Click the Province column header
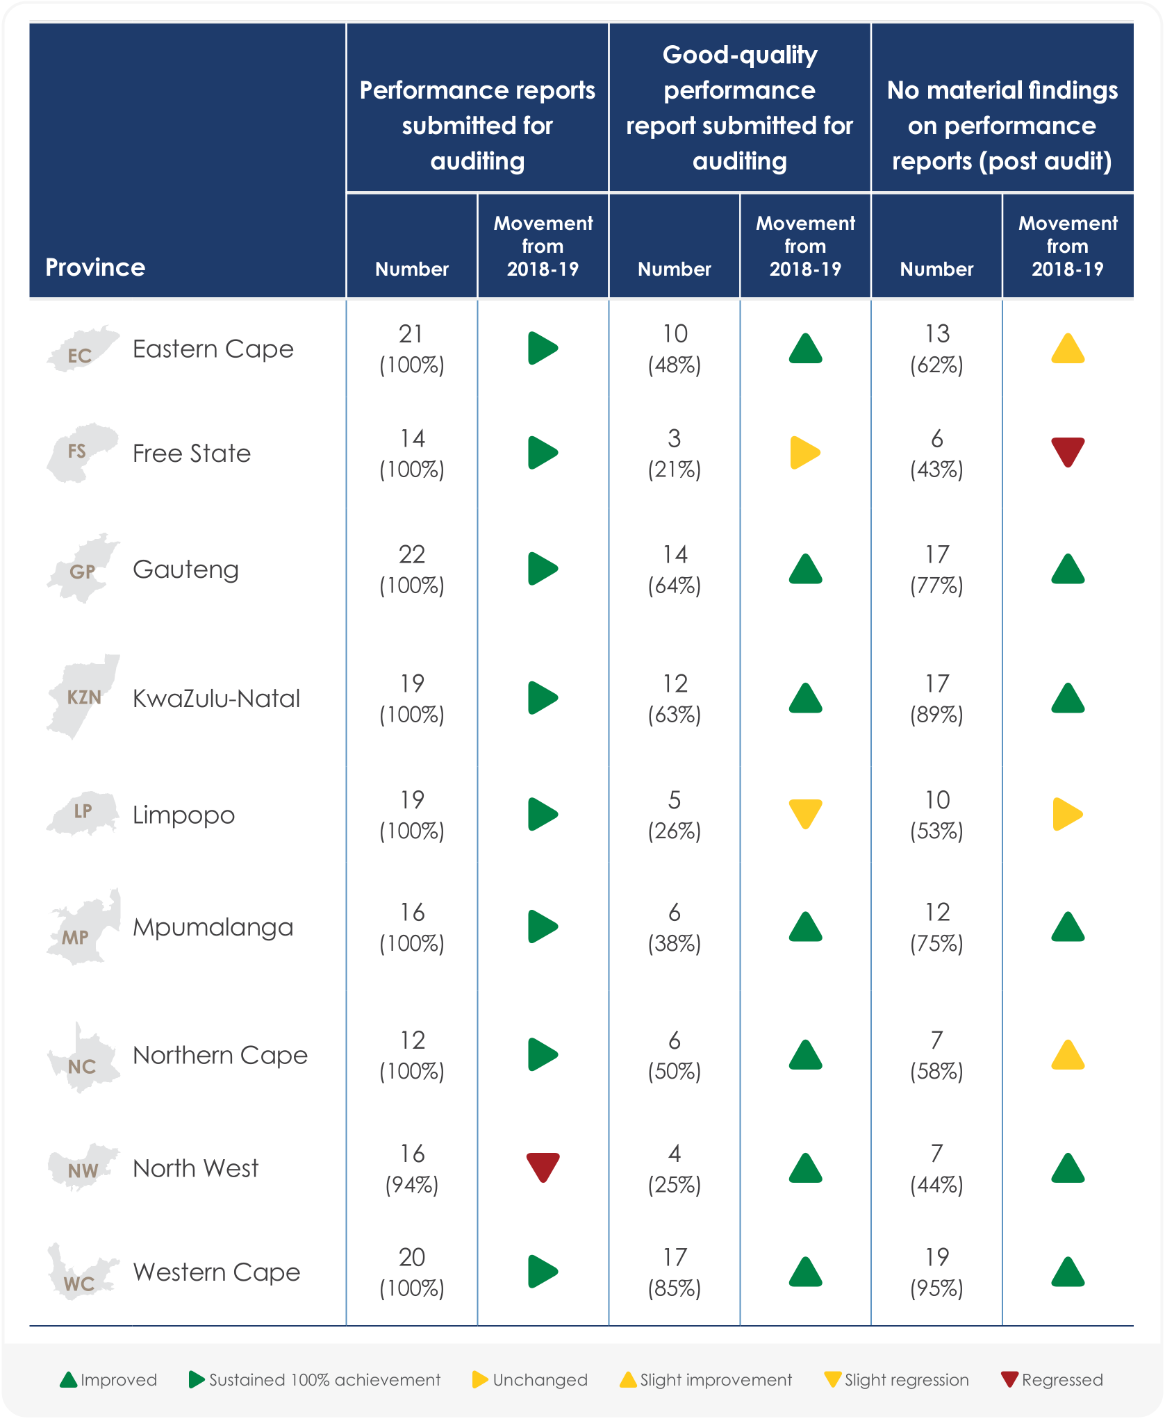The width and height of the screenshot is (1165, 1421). click(x=95, y=267)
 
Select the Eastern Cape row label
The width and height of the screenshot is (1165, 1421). click(x=213, y=349)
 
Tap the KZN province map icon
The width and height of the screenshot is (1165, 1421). click(x=83, y=697)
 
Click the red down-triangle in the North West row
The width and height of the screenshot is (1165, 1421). click(x=543, y=1167)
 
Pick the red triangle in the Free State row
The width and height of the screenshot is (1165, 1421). click(x=1068, y=451)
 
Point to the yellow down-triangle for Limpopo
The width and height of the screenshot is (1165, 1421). click(x=805, y=813)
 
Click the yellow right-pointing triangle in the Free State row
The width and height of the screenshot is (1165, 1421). click(x=805, y=453)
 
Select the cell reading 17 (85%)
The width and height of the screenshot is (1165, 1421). click(x=674, y=1272)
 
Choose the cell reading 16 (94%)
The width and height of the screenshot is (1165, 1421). click(x=412, y=1169)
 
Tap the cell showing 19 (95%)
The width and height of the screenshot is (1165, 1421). click(x=936, y=1272)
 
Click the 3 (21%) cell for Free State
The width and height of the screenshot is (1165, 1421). click(x=674, y=454)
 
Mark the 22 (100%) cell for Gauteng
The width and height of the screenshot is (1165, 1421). click(x=412, y=570)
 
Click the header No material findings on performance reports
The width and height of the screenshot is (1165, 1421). click(x=1002, y=126)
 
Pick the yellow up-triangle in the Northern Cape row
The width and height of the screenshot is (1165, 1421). click(x=1068, y=1055)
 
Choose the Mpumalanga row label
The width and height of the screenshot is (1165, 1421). click(x=213, y=927)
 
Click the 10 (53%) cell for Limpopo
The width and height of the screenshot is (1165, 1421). click(x=936, y=815)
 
